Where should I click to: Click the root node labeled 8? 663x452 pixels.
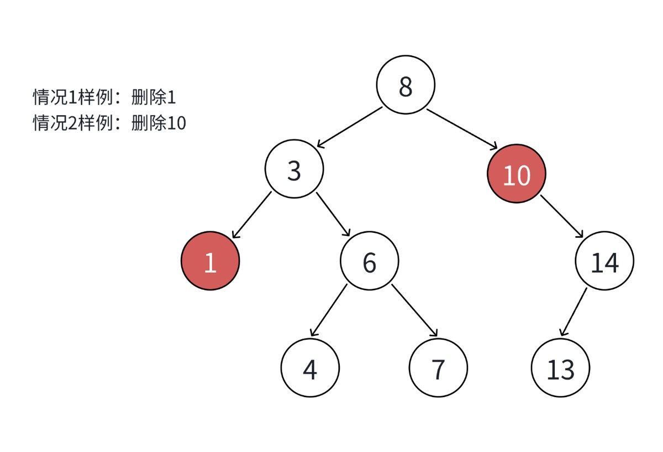406,85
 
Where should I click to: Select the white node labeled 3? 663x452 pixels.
294,169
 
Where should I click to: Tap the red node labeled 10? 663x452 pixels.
517,174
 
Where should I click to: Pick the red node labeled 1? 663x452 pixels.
210,261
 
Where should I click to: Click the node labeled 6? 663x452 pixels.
369,261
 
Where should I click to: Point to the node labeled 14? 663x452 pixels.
604,261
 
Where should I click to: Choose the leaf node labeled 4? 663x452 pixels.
310,368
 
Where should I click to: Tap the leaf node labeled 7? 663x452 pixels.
438,368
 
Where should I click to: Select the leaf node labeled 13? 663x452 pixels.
560,368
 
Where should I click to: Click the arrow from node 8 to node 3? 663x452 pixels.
349,127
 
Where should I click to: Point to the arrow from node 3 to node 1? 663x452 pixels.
251,215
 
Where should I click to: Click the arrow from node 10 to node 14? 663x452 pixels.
561,217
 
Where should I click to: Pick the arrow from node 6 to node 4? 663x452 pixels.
328,310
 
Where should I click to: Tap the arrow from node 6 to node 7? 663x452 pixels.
414,310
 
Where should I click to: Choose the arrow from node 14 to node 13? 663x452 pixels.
573,311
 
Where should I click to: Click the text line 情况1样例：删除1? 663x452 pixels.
104,97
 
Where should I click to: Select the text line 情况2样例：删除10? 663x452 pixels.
109,123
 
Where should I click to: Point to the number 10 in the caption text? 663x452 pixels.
177,123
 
